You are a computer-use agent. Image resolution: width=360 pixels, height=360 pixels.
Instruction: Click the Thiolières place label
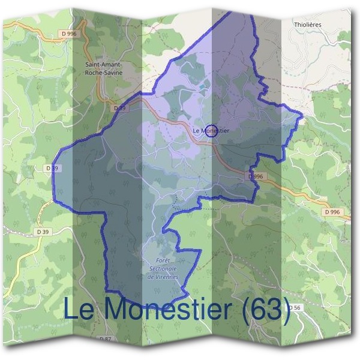click(309, 25)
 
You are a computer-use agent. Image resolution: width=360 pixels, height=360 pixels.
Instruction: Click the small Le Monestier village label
click(212, 130)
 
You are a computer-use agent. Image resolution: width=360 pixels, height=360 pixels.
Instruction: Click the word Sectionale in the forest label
click(164, 269)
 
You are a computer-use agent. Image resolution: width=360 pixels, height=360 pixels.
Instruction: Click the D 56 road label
click(294, 307)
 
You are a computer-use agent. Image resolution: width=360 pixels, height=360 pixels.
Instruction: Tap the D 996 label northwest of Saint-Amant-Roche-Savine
click(70, 34)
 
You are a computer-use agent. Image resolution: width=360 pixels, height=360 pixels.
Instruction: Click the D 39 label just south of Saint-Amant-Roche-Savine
click(120, 108)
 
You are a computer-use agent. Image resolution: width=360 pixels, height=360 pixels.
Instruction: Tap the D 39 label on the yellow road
click(43, 232)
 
